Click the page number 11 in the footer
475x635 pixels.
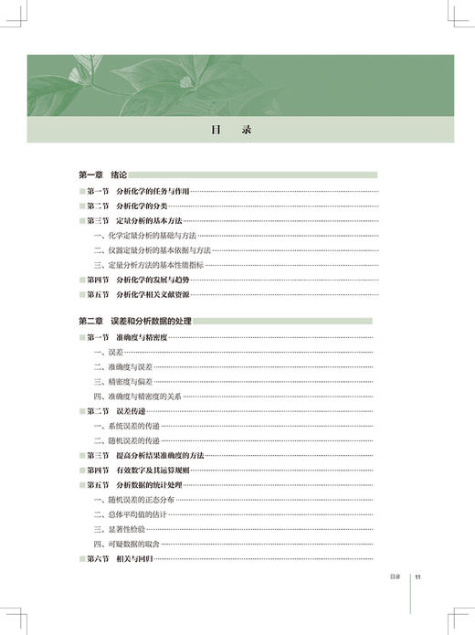coord(417,577)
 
